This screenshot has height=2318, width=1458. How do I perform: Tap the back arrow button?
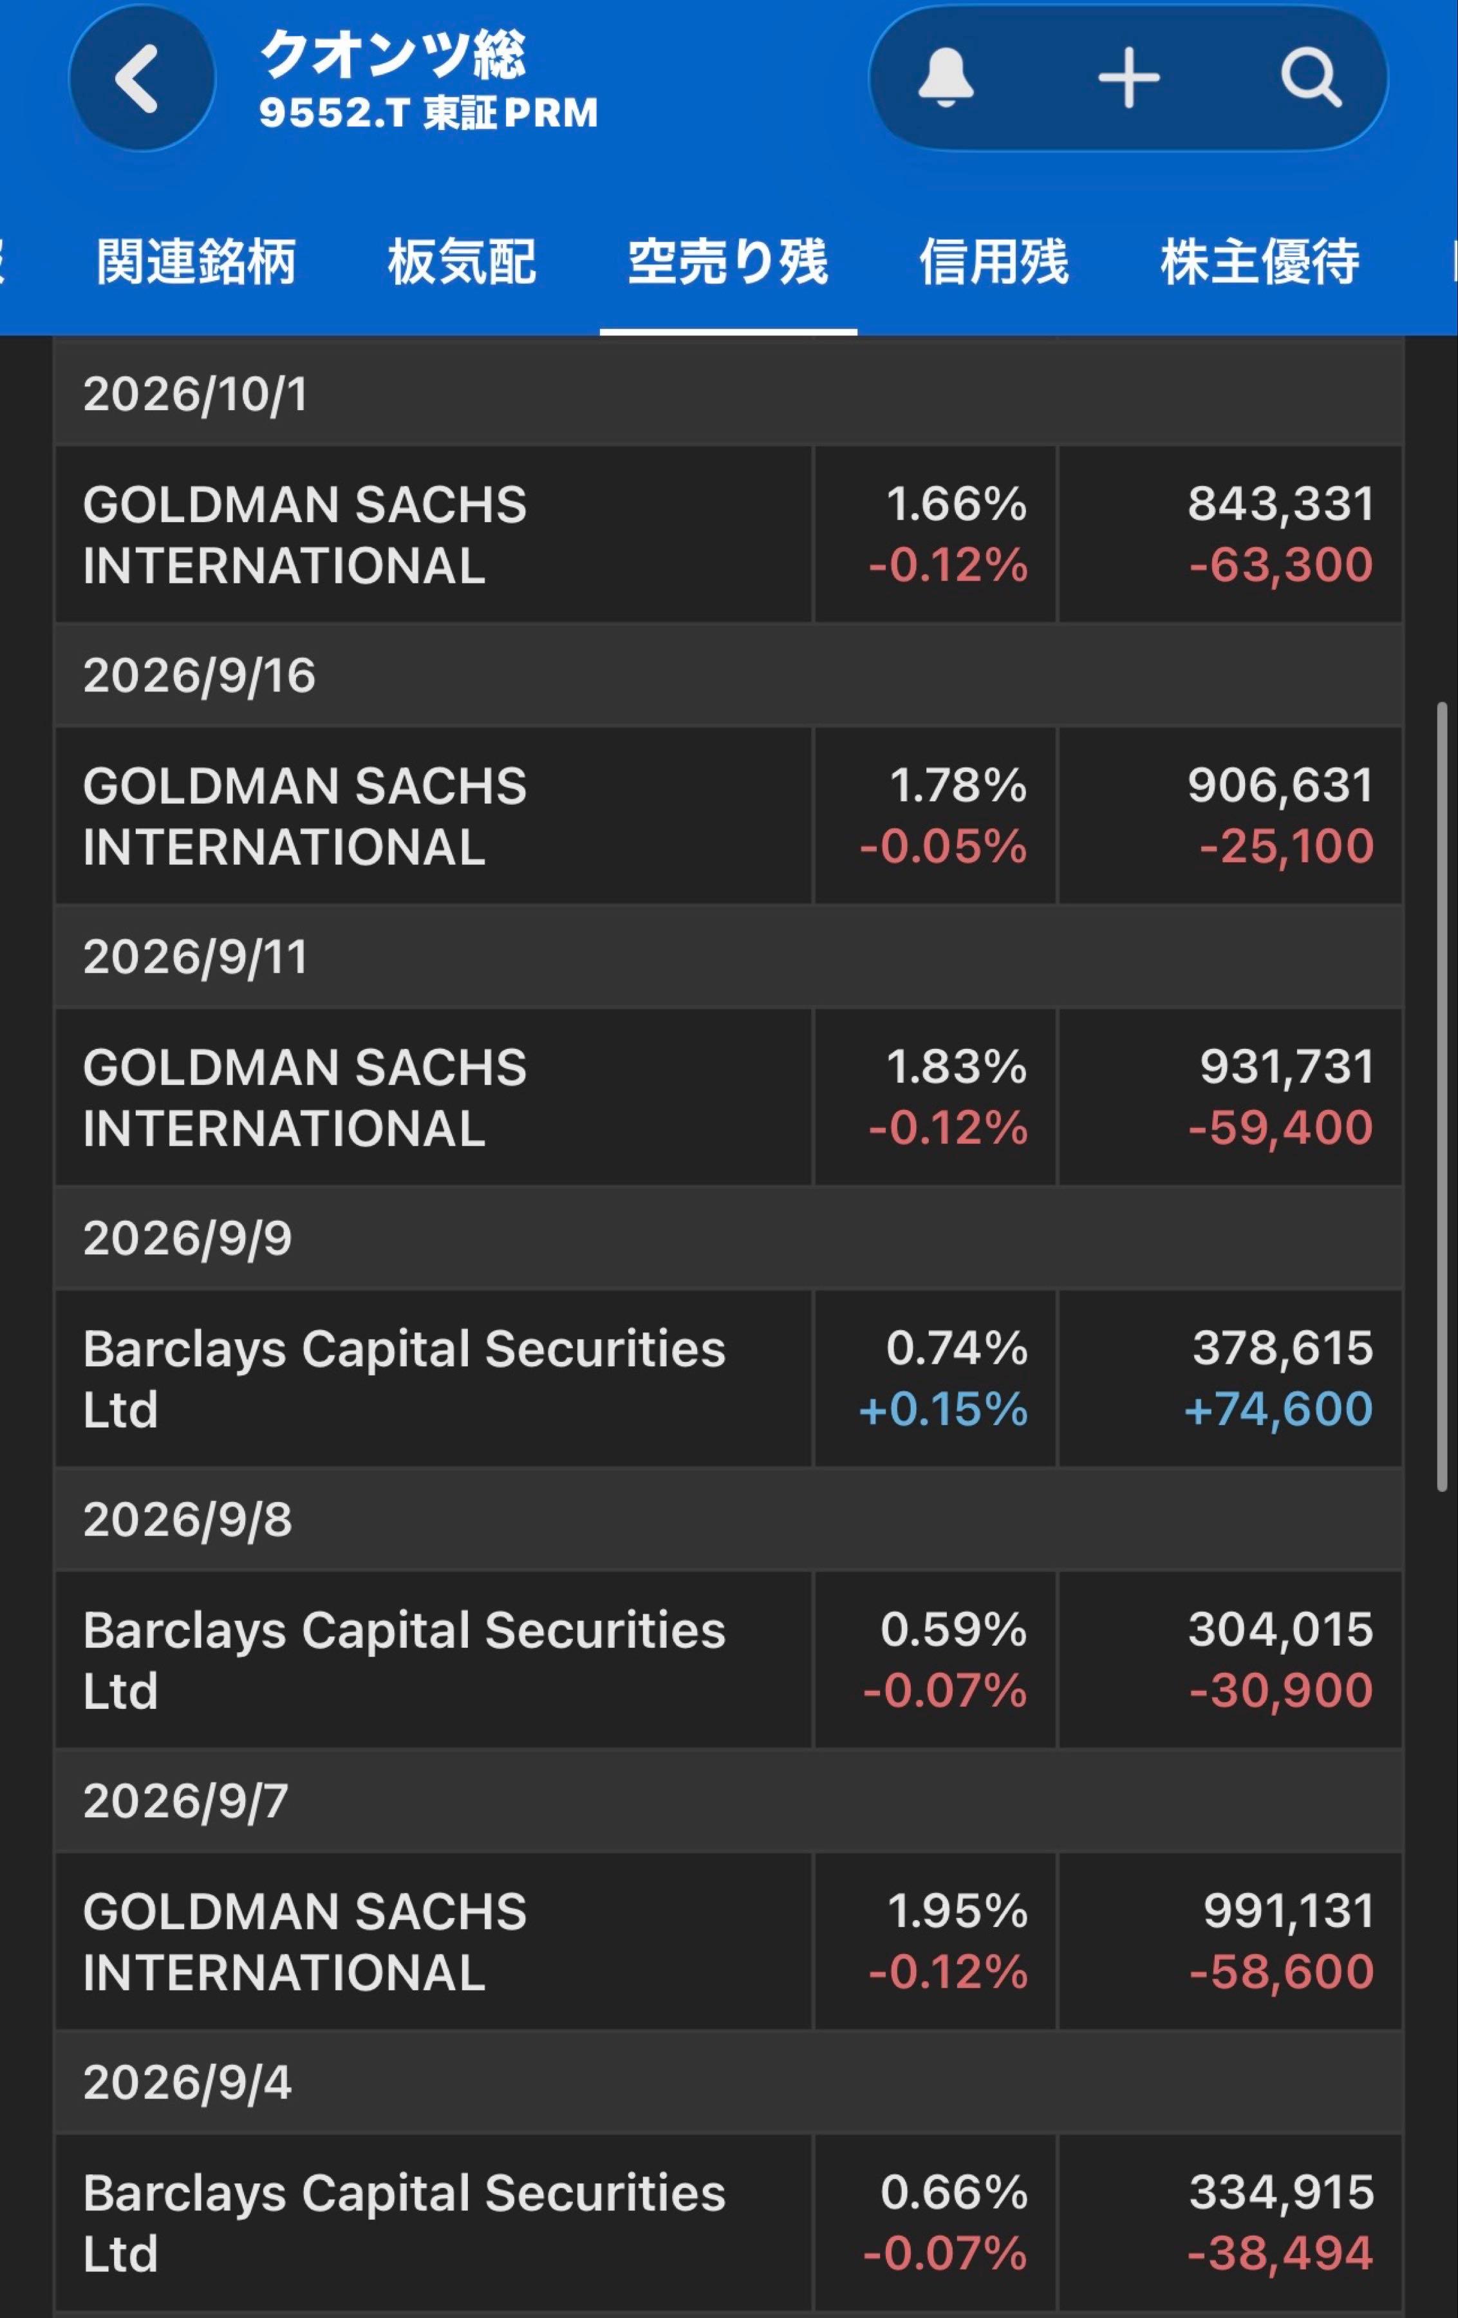click(x=142, y=78)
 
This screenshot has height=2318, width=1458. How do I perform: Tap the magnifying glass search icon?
click(x=1311, y=77)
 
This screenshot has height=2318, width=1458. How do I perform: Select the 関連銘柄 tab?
click(x=196, y=262)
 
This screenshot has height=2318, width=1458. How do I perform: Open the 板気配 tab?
click(x=462, y=262)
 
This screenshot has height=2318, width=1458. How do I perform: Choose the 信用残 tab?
click(x=994, y=262)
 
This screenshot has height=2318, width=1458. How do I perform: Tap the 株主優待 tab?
click(x=1260, y=262)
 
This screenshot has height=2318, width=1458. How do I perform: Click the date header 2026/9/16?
click(x=199, y=675)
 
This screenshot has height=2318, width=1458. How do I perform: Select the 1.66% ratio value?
click(x=957, y=504)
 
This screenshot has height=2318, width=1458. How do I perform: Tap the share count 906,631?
click(x=1280, y=786)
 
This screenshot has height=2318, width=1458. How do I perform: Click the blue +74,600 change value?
click(x=1278, y=1409)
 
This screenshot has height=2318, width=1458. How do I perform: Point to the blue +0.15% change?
click(x=943, y=1409)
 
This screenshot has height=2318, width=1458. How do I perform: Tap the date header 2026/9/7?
click(x=186, y=1800)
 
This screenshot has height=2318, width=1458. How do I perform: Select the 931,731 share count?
click(x=1287, y=1066)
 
